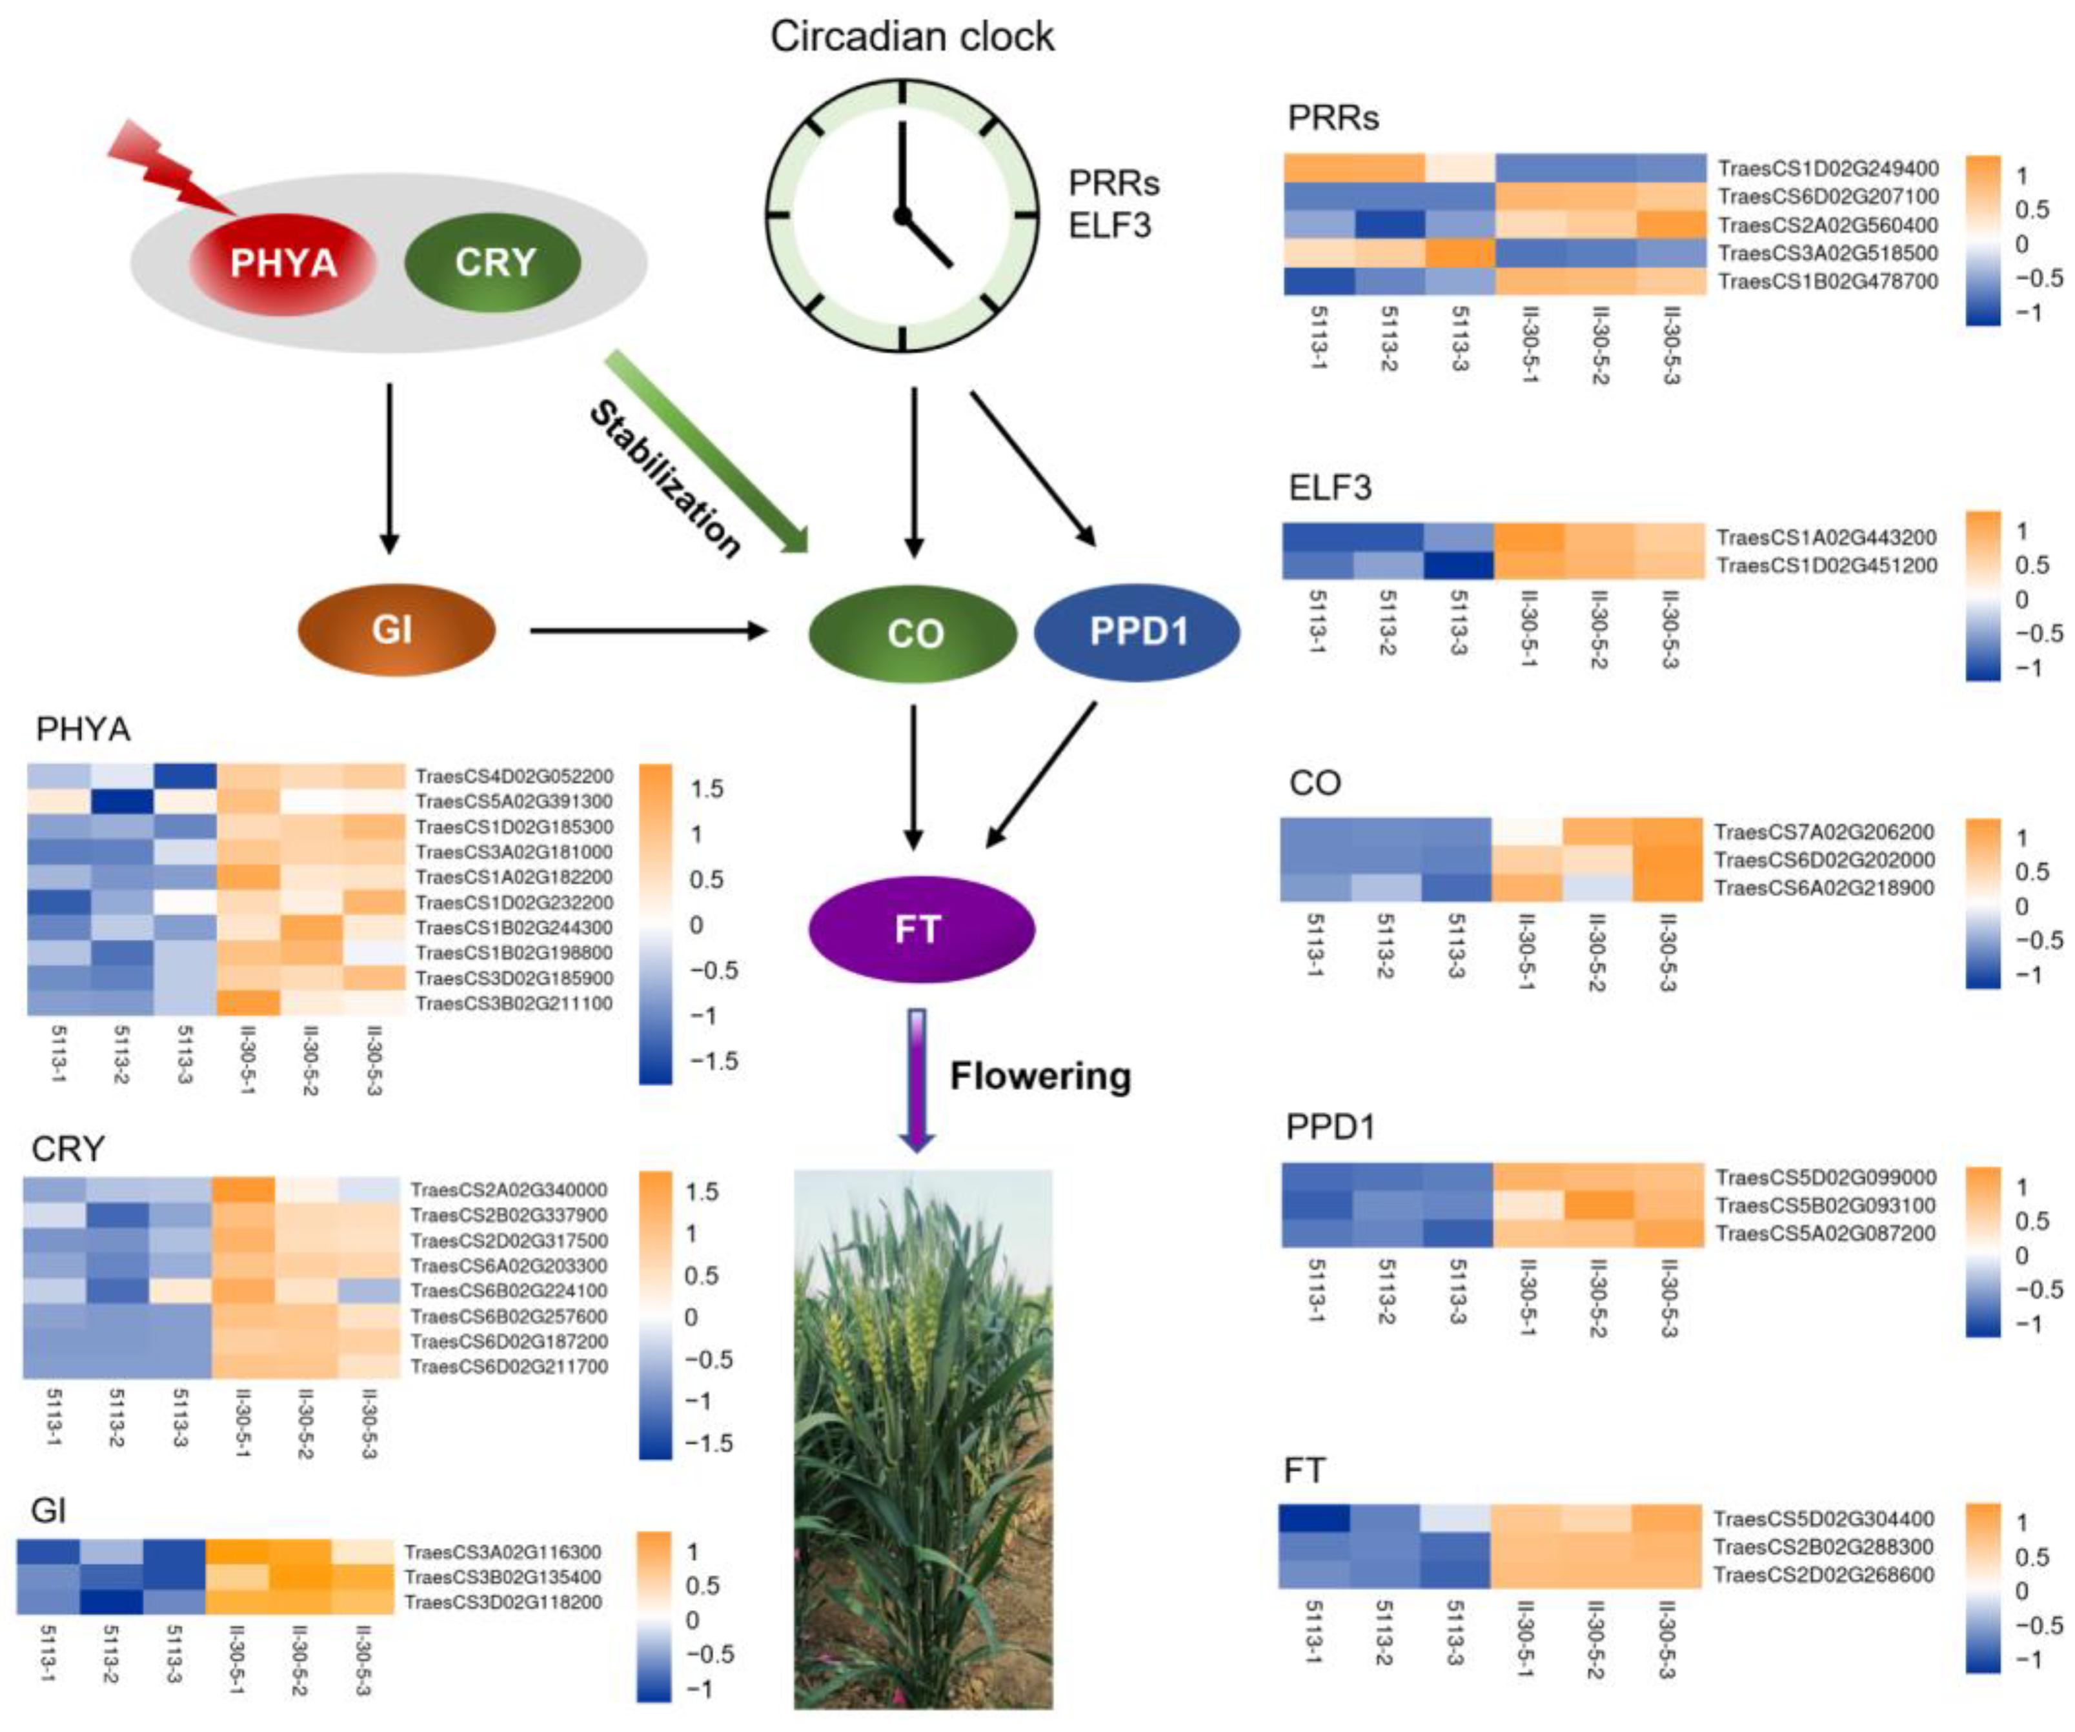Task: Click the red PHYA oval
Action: point(283,263)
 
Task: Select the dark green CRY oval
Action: point(494,262)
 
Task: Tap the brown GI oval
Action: point(395,629)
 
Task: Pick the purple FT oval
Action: point(920,929)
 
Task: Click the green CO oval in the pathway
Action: point(913,632)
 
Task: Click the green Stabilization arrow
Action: point(707,450)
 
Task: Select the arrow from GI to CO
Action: point(647,629)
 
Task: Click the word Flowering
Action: point(1040,1075)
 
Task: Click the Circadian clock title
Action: point(912,37)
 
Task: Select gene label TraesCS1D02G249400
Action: point(1828,168)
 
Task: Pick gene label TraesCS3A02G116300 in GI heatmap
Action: point(503,1551)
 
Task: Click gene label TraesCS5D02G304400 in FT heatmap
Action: point(1824,1518)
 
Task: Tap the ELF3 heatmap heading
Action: point(1330,487)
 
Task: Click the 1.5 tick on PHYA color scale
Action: point(707,789)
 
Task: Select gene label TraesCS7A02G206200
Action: point(1824,832)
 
